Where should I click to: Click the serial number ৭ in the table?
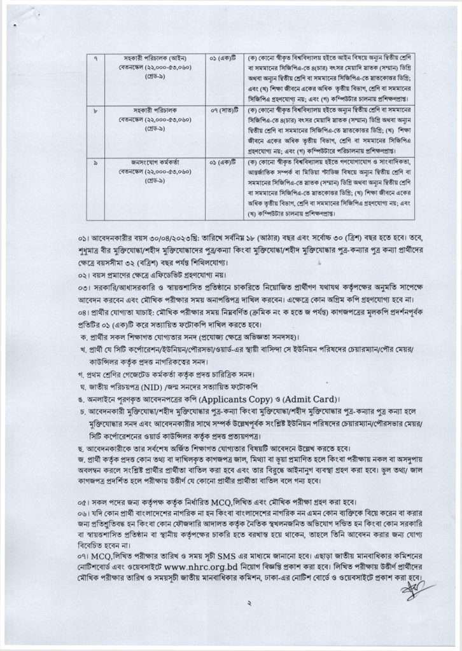point(95,58)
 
